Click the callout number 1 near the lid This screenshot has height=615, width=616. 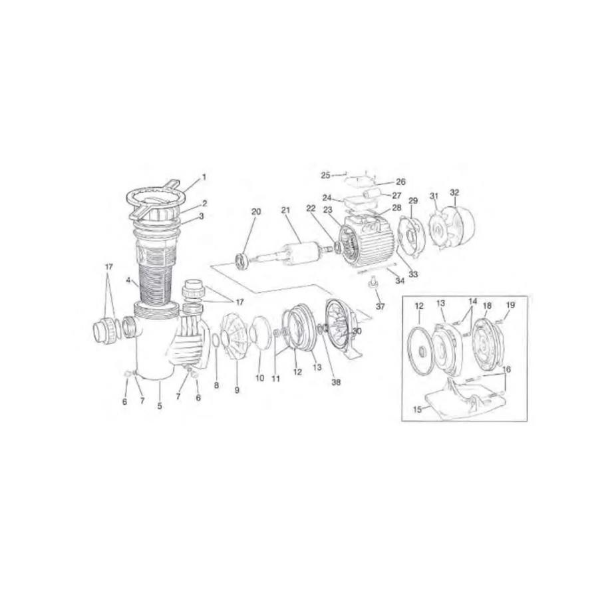pyautogui.click(x=204, y=177)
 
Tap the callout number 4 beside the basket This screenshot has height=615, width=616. pyautogui.click(x=128, y=281)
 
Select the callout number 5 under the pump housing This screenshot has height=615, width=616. pyautogui.click(x=160, y=406)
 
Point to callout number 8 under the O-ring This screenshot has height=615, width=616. pyautogui.click(x=216, y=385)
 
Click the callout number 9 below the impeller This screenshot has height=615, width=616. pyautogui.click(x=237, y=390)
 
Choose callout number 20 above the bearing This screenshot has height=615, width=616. pyautogui.click(x=255, y=212)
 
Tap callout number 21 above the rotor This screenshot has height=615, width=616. pyautogui.click(x=285, y=210)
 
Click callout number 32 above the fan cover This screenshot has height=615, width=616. pyautogui.click(x=454, y=192)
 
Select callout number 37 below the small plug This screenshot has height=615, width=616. pyautogui.click(x=381, y=306)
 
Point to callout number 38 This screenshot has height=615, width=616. pyautogui.click(x=337, y=381)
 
